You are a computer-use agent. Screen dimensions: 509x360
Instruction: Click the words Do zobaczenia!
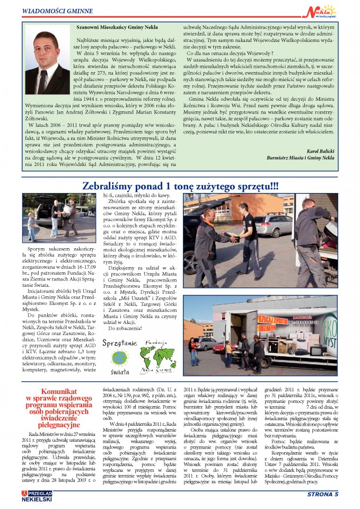click(124, 329)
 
